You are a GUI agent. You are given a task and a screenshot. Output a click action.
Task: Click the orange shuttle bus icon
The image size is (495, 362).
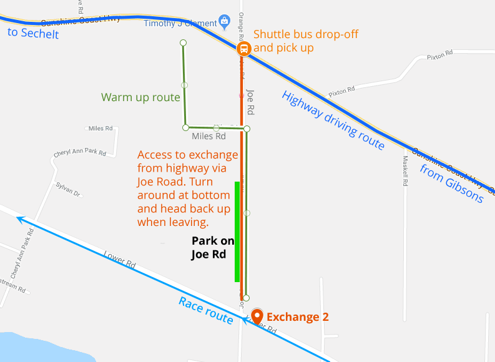[243, 48]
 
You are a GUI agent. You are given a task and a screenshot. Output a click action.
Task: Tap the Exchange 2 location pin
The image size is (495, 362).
[257, 316]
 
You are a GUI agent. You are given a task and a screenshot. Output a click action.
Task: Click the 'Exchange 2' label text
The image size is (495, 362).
[297, 317]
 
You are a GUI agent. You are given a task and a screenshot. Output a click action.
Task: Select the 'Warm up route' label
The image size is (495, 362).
[140, 97]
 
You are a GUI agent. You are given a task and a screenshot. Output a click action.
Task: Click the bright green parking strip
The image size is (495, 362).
[237, 231]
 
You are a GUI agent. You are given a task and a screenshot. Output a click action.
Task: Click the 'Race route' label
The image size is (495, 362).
[206, 310]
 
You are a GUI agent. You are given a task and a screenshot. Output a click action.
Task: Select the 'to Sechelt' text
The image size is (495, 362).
[33, 33]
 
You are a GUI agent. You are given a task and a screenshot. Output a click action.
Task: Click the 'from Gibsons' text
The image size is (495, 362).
[451, 184]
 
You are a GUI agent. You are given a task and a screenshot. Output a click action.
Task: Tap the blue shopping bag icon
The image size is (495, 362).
[224, 22]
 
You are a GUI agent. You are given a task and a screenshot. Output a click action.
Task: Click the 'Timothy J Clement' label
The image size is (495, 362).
[180, 23]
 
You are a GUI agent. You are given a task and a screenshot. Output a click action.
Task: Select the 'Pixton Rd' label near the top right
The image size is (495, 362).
[439, 56]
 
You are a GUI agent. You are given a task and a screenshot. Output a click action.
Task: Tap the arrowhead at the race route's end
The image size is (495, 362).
[21, 219]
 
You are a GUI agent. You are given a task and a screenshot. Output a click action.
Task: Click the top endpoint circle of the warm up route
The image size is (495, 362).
[183, 42]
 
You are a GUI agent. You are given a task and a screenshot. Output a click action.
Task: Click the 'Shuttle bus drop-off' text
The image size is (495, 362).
[305, 34]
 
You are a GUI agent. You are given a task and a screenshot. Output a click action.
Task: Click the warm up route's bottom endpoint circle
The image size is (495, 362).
[247, 298]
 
